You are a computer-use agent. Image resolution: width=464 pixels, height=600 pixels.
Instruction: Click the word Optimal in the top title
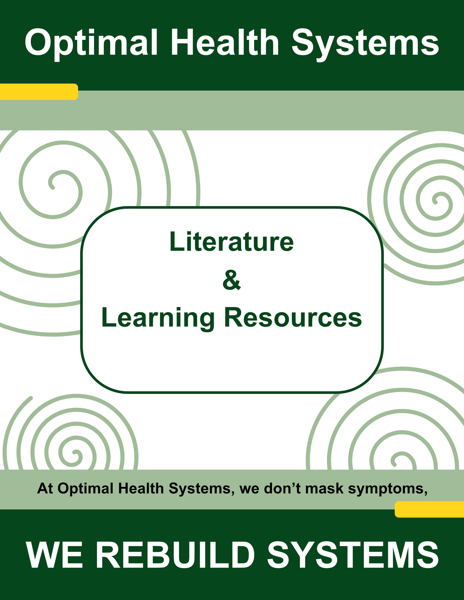pyautogui.click(x=91, y=43)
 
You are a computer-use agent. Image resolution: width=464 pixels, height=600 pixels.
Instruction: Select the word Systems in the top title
pyautogui.click(x=365, y=44)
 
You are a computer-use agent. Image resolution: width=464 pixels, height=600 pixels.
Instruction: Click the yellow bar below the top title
pyautogui.click(x=39, y=92)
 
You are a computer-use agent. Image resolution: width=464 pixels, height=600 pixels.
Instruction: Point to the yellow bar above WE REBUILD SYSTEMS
pyautogui.click(x=429, y=509)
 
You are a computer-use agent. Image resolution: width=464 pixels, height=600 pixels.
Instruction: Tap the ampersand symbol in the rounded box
pyautogui.click(x=232, y=280)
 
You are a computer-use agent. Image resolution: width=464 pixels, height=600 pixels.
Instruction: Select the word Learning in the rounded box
pyautogui.click(x=158, y=319)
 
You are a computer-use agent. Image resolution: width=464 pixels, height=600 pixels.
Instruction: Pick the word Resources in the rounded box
pyautogui.click(x=293, y=317)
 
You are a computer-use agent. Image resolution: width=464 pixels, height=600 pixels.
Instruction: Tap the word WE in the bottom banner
pyautogui.click(x=54, y=555)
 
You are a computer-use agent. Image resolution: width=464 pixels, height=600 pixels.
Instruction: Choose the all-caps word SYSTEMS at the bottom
pyautogui.click(x=353, y=555)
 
